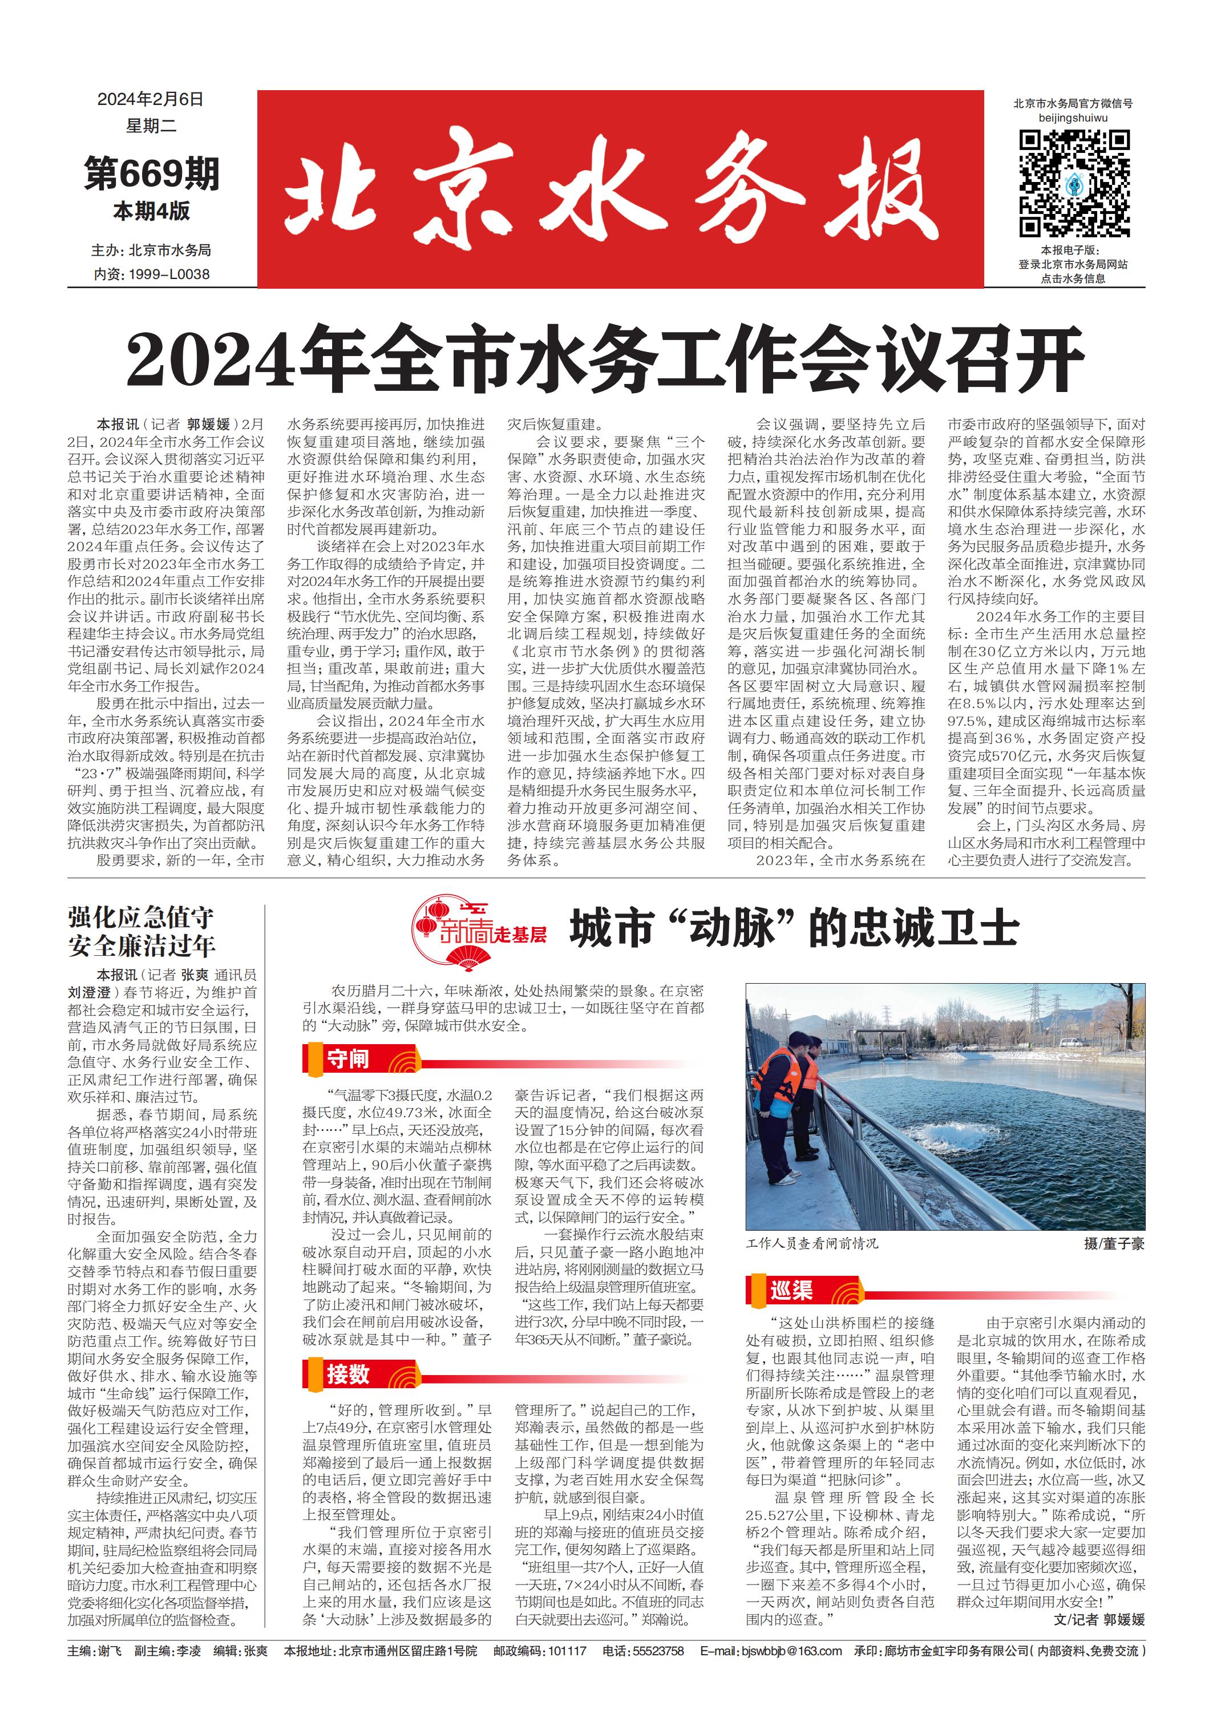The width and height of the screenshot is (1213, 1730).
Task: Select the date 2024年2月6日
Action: click(x=151, y=99)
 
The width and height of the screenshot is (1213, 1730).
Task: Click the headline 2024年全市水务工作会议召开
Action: click(x=605, y=360)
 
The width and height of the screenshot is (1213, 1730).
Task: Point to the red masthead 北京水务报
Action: click(x=619, y=189)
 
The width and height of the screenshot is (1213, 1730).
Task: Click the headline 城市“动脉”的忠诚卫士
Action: click(x=793, y=928)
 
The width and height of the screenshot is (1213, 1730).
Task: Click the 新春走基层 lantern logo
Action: click(x=480, y=931)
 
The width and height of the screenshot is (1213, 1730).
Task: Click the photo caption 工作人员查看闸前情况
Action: click(x=811, y=1243)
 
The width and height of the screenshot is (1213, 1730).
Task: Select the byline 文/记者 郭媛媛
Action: click(x=1098, y=1619)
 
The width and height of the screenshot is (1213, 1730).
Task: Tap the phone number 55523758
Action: click(x=659, y=1651)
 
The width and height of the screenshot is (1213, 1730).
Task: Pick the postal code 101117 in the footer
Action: click(x=566, y=1651)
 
